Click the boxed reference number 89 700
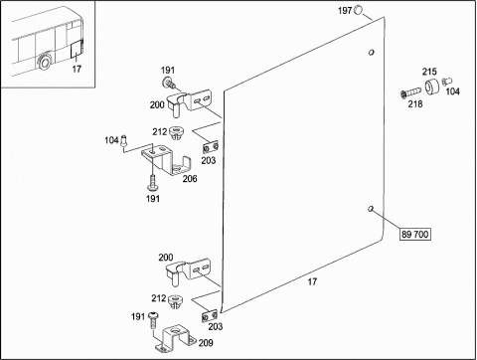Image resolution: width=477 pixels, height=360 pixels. [x=415, y=234]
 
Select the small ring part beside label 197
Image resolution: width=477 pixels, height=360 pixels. [x=358, y=10]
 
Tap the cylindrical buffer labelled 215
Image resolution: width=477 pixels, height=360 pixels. [x=431, y=88]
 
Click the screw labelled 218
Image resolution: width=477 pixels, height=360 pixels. [x=410, y=92]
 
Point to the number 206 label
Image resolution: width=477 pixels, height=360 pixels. [x=190, y=179]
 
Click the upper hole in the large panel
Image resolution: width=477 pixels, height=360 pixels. [x=372, y=52]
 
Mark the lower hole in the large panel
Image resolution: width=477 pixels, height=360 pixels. [x=371, y=208]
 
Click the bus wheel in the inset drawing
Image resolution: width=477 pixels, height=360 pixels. [x=44, y=62]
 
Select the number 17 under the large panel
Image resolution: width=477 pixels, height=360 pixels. [x=312, y=281]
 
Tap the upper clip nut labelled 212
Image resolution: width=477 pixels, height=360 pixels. [x=175, y=133]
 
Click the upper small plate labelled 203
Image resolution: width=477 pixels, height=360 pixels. [x=211, y=146]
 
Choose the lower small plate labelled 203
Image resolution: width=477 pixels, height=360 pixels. [x=210, y=315]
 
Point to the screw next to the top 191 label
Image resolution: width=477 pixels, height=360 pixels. [x=170, y=83]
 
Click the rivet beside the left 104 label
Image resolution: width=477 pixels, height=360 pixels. [x=124, y=141]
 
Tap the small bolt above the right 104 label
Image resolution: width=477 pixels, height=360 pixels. [x=447, y=81]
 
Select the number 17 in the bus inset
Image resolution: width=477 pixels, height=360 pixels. [x=77, y=69]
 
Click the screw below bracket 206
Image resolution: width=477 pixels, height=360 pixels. [x=152, y=183]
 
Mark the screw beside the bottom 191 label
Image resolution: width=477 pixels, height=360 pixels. [x=153, y=319]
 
